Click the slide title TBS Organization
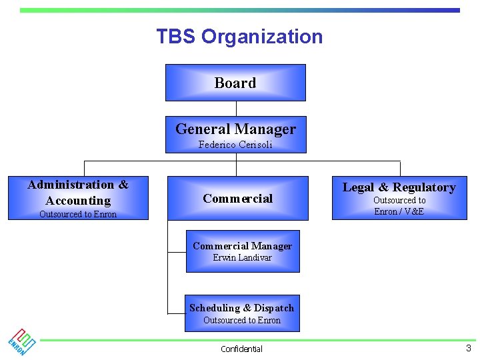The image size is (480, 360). (x=239, y=37)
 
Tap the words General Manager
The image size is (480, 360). (x=235, y=129)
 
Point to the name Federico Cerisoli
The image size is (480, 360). (x=235, y=145)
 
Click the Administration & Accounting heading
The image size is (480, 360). (x=78, y=193)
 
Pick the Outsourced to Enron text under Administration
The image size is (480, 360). (x=78, y=214)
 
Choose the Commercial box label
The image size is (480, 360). (x=237, y=198)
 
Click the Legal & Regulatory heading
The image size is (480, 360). (x=399, y=187)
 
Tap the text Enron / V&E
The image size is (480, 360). (x=399, y=211)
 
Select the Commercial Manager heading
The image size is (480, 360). (x=242, y=246)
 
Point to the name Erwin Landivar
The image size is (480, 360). (x=242, y=258)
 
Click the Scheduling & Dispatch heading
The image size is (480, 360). (x=241, y=308)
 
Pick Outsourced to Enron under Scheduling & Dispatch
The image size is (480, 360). (x=241, y=321)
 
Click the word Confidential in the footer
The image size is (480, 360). (x=241, y=349)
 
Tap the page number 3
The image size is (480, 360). (x=468, y=348)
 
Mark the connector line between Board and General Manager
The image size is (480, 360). (x=236, y=109)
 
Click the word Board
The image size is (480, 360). (x=235, y=83)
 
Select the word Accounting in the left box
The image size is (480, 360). (x=78, y=201)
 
